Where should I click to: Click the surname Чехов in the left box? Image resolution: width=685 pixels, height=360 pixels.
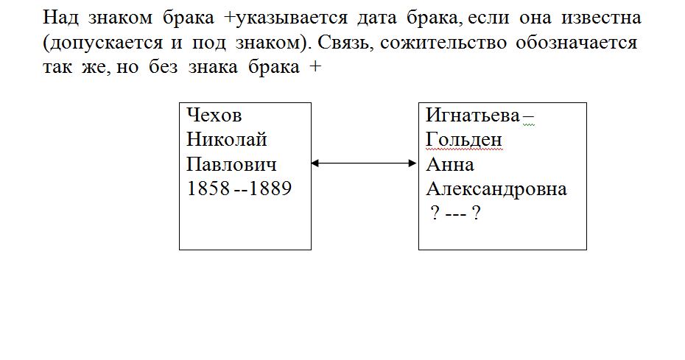point(214,116)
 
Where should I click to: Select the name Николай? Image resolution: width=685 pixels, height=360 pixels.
point(227,140)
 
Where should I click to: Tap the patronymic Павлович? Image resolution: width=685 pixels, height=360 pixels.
point(231,165)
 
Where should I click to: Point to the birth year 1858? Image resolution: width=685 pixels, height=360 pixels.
point(208,188)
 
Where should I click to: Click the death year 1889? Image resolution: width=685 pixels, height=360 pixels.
point(270,188)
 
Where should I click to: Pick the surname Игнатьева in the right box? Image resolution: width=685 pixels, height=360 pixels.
point(473,116)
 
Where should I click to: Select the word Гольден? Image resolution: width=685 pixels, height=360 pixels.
point(464,140)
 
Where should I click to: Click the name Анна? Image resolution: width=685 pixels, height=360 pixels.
point(450,165)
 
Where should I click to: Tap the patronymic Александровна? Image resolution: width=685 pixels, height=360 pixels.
point(496,189)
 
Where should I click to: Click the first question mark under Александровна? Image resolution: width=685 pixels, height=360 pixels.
point(435,213)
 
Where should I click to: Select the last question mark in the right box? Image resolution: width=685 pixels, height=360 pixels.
point(477,213)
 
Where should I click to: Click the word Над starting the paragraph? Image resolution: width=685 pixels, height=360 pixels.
point(60,18)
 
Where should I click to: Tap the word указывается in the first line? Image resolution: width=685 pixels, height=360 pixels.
point(292,18)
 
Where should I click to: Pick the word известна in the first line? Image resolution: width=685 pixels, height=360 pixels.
point(601,18)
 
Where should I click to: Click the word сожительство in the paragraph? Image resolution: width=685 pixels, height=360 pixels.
point(443,43)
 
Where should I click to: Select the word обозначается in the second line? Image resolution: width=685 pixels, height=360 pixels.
point(577,43)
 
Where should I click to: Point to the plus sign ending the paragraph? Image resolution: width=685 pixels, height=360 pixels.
point(315,67)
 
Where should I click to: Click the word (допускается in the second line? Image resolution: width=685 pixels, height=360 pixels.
point(102,43)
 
